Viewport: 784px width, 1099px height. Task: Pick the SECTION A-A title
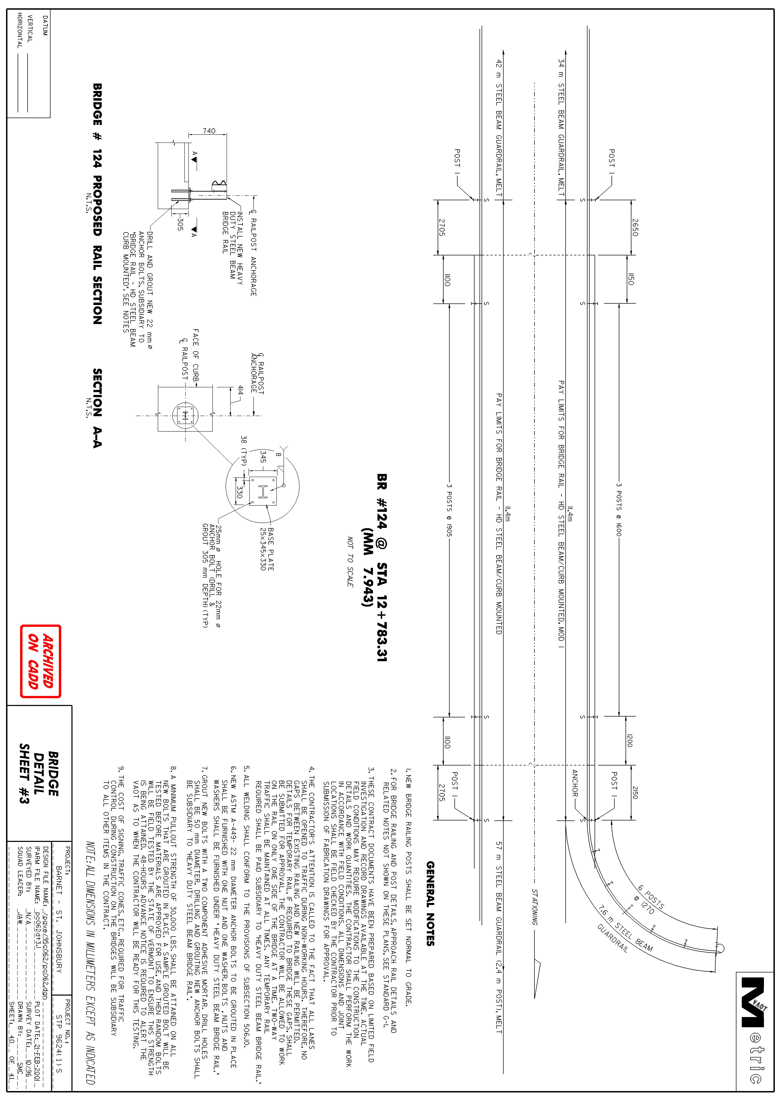click(x=97, y=408)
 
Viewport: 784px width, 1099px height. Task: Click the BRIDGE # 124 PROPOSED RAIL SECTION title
click(x=97, y=204)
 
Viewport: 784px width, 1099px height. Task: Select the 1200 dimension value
click(x=629, y=741)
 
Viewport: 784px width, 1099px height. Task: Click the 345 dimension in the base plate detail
click(x=263, y=456)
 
